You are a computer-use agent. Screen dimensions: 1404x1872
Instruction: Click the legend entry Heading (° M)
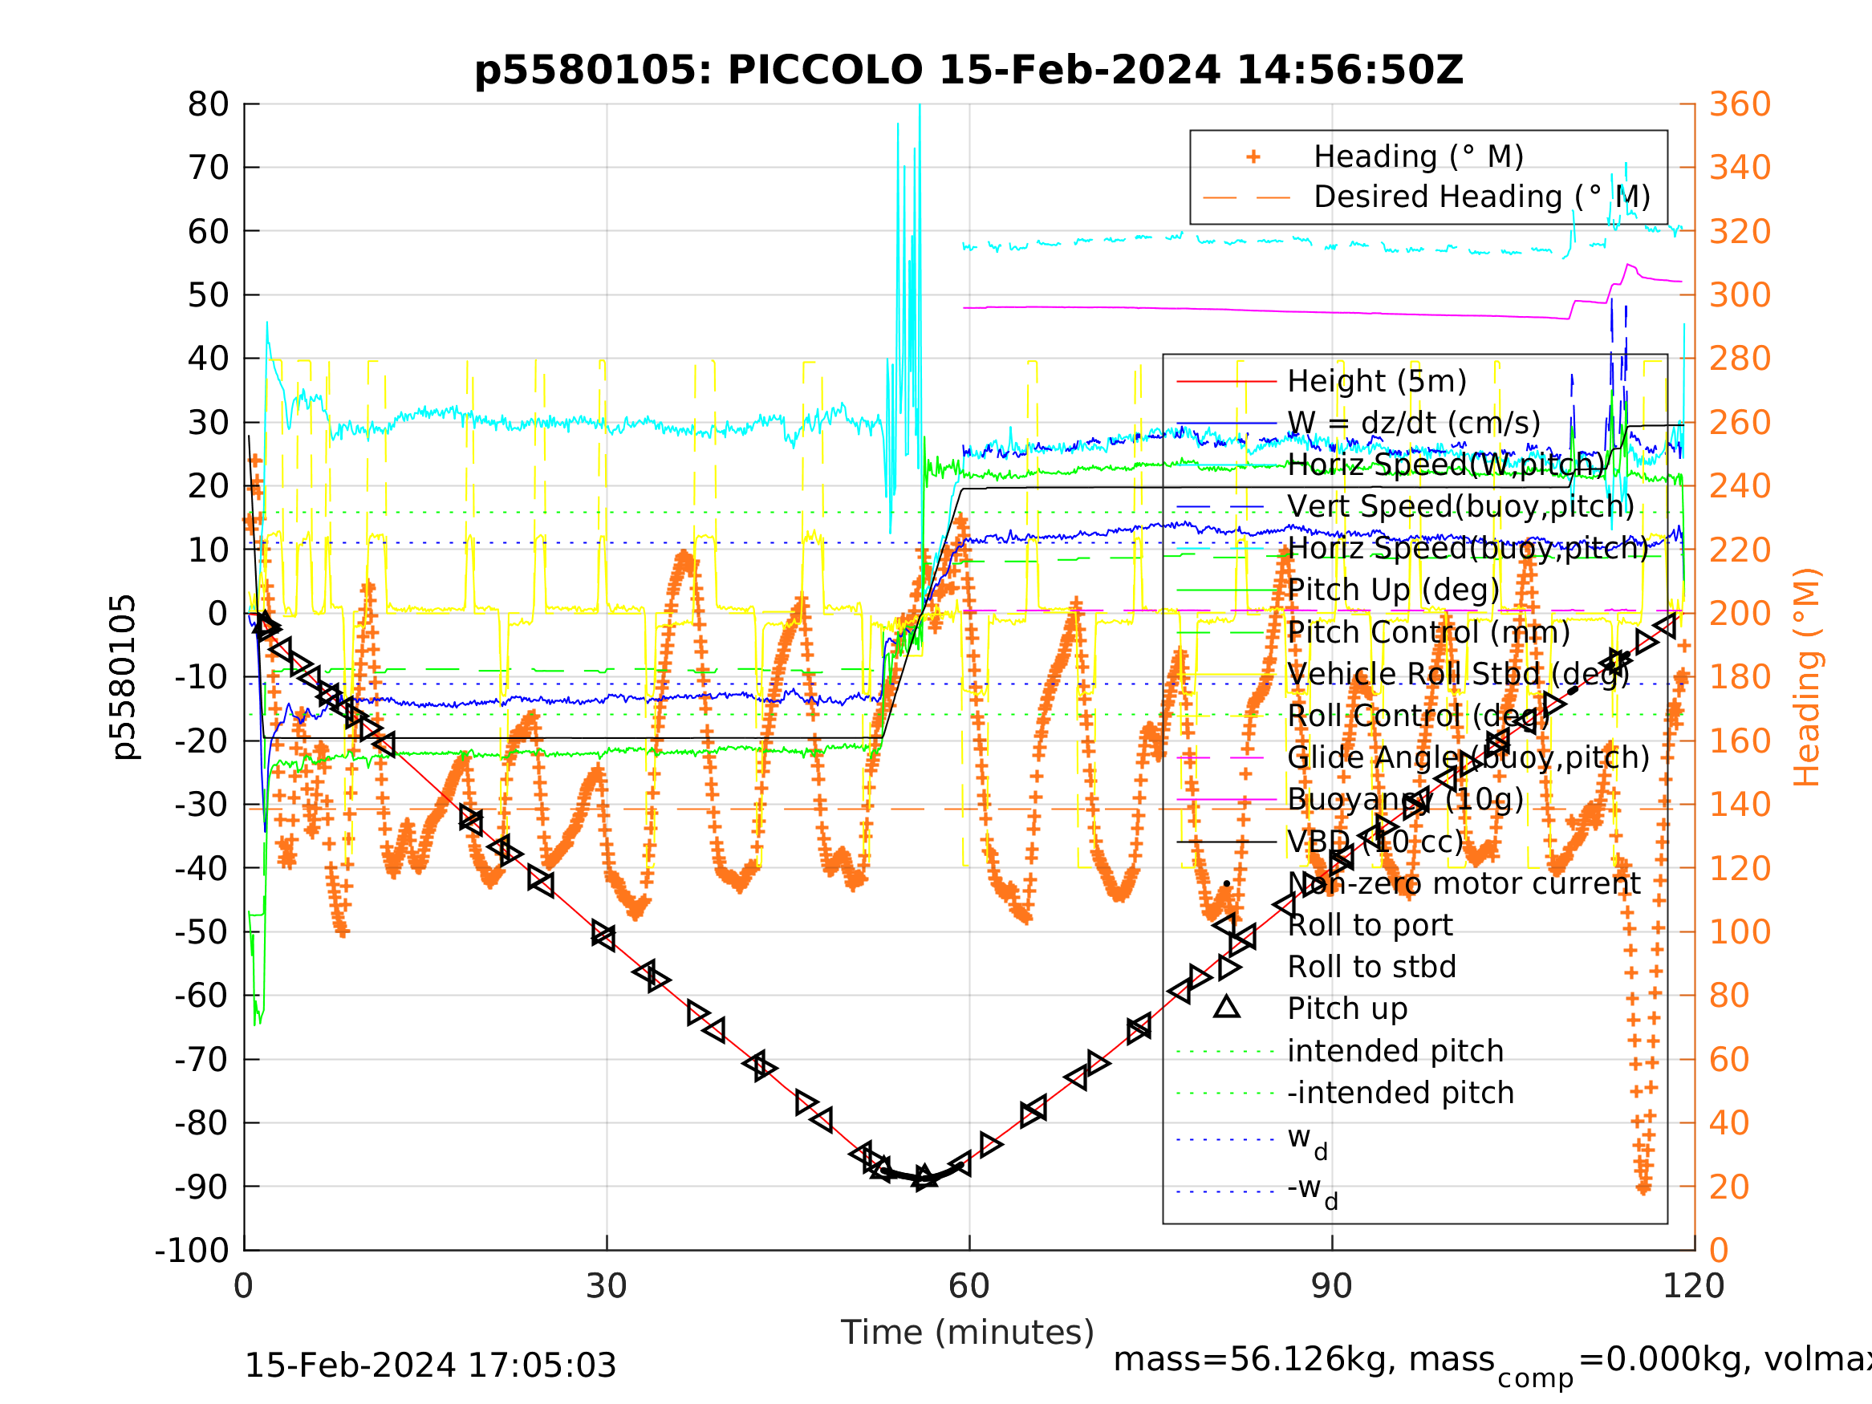click(1419, 157)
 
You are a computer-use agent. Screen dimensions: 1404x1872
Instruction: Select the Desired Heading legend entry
click(1481, 197)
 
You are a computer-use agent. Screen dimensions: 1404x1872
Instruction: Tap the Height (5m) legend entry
click(1376, 382)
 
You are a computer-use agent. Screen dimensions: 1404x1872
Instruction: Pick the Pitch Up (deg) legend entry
click(1393, 590)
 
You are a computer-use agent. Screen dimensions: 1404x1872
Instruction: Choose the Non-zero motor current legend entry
click(1464, 883)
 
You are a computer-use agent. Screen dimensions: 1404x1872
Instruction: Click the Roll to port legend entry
click(1370, 925)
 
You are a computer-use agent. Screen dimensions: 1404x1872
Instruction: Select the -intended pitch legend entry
click(1399, 1093)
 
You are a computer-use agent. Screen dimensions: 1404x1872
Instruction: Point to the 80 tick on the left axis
click(208, 105)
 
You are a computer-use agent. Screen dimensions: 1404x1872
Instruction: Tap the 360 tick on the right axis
click(1740, 105)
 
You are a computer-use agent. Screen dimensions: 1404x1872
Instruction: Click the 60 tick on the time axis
click(969, 1287)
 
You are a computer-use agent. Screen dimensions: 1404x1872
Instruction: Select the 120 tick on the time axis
click(1695, 1287)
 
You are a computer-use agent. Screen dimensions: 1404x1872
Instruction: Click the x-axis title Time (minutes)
click(968, 1333)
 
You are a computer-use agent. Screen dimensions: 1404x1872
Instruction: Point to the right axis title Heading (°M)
click(1806, 677)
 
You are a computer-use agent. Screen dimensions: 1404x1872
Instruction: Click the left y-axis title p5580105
click(124, 677)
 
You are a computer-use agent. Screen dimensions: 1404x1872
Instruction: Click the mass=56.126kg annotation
click(1303, 1360)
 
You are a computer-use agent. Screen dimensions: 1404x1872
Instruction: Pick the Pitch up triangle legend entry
click(1347, 1008)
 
